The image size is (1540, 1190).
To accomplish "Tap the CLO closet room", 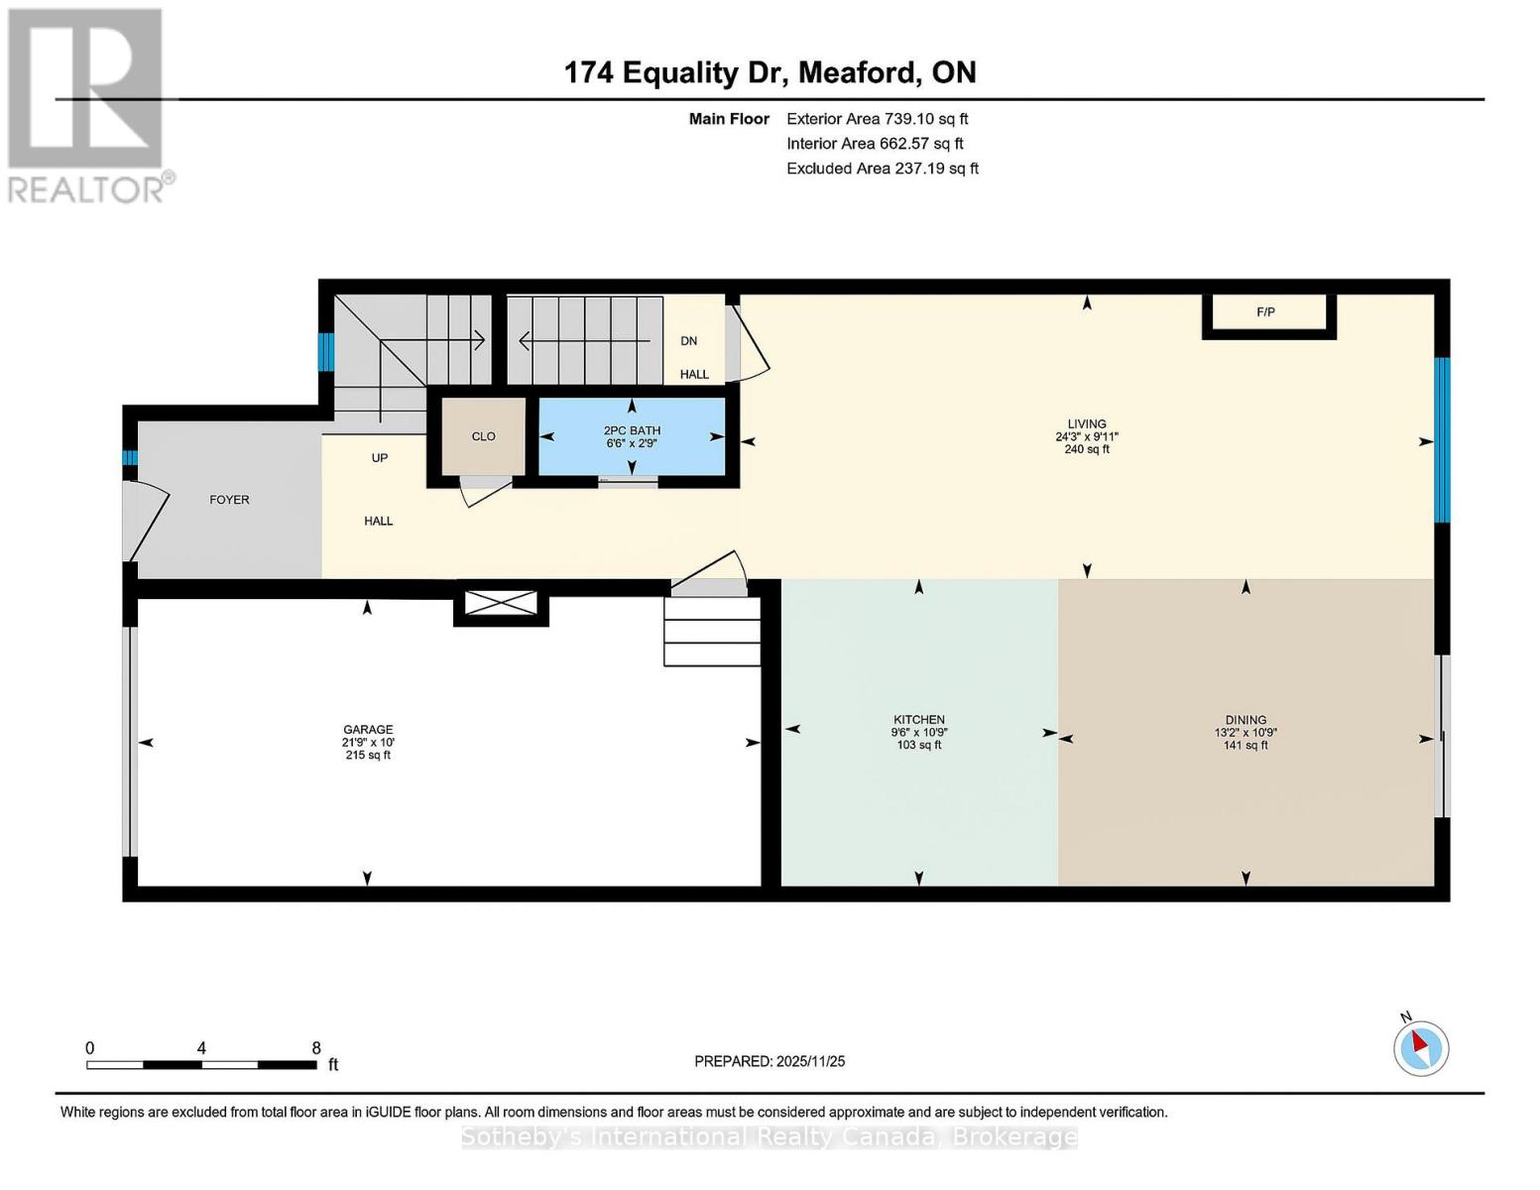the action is click(x=483, y=436).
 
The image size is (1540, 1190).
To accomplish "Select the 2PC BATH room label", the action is click(x=632, y=430).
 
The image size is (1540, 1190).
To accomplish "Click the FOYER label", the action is click(x=229, y=500).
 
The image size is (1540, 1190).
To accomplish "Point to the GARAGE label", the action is click(x=368, y=729).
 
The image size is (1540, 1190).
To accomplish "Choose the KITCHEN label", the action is click(x=918, y=719).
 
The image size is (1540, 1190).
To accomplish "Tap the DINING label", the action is click(x=1245, y=719).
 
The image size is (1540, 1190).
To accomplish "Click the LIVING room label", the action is click(x=1087, y=423).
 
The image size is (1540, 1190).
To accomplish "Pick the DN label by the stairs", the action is click(x=689, y=341).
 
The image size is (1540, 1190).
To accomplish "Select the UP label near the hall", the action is click(x=380, y=458).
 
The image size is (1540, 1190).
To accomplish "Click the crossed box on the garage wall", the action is click(x=501, y=603).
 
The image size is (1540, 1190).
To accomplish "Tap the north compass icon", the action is click(x=1420, y=1048).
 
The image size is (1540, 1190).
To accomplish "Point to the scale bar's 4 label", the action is click(x=201, y=1047).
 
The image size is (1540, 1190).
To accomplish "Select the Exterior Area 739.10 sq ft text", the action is click(x=878, y=119).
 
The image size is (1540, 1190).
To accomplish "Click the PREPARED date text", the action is click(x=770, y=1061).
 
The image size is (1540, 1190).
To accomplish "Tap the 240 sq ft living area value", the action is click(x=1087, y=449).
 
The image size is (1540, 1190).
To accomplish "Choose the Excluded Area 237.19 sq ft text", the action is click(x=883, y=169).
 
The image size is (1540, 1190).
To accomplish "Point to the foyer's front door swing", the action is click(x=147, y=521).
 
